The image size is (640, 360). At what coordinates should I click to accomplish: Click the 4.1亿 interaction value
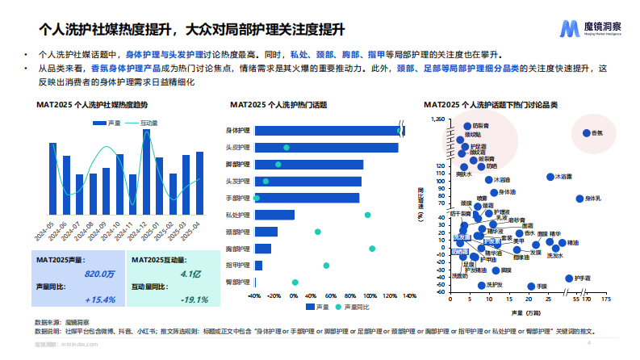pyautogui.click(x=190, y=274)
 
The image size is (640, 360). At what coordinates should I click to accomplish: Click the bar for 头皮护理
pyautogui.click(x=326, y=147)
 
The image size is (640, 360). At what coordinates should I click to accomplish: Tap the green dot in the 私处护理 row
pyautogui.click(x=367, y=215)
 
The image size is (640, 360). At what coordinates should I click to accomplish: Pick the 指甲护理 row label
pyautogui.click(x=238, y=265)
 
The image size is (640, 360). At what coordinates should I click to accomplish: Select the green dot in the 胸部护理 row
pyautogui.click(x=372, y=249)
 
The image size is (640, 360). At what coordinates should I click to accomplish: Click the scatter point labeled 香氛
pyautogui.click(x=586, y=132)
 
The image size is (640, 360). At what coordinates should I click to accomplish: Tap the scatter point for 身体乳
pyautogui.click(x=579, y=199)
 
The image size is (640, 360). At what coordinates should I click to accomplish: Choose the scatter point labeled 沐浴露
pyautogui.click(x=550, y=176)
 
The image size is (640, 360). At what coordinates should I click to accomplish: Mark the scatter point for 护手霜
pyautogui.click(x=569, y=278)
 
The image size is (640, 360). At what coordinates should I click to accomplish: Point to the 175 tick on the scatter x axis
pyautogui.click(x=604, y=299)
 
